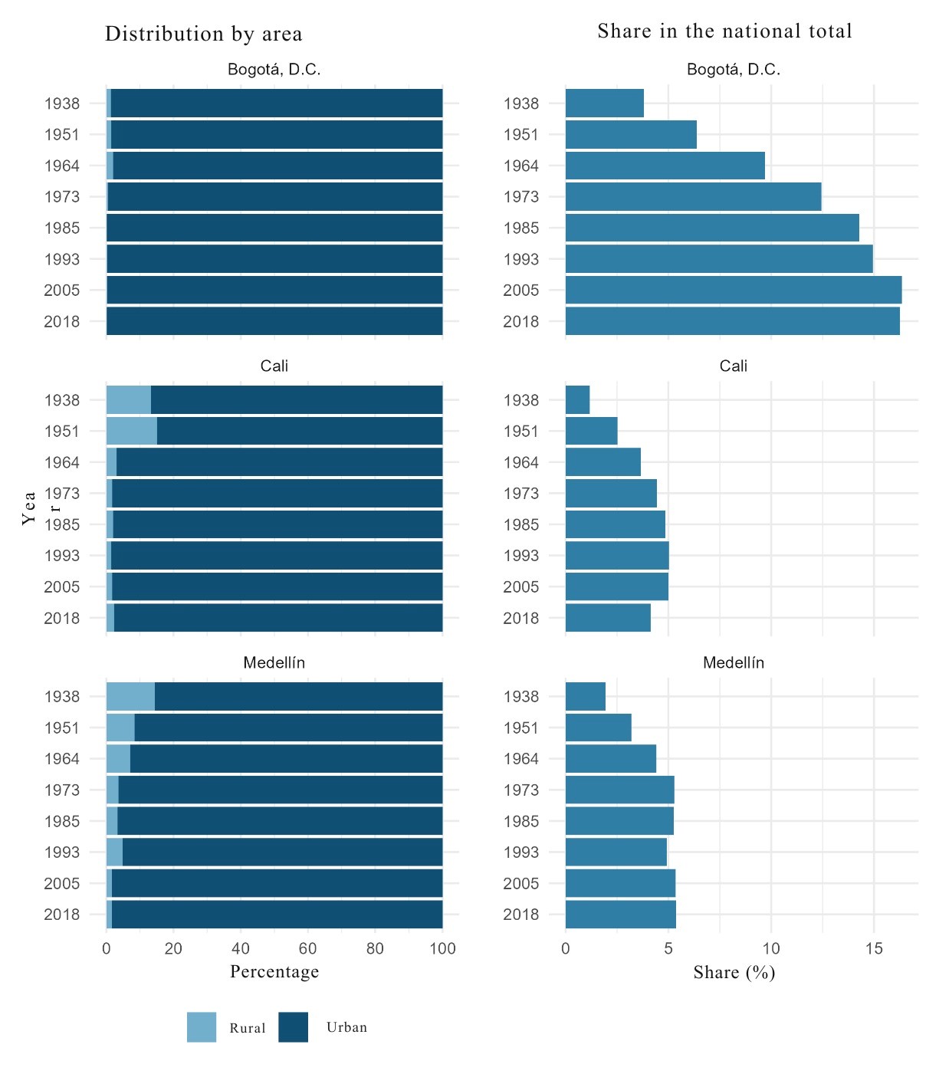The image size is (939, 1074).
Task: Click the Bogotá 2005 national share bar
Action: (733, 291)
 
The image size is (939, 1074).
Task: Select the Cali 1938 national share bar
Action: (577, 400)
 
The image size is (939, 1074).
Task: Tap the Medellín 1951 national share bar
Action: (598, 727)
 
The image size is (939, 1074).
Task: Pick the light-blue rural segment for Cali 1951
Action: (131, 431)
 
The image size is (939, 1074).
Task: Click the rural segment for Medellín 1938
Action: (130, 697)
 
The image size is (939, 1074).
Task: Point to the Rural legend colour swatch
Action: (202, 1027)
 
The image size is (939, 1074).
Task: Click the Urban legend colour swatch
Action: (293, 1027)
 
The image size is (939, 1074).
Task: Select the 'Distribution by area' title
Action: (204, 34)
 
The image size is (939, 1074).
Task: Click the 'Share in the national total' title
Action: (724, 31)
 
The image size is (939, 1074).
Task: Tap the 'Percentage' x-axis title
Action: (274, 972)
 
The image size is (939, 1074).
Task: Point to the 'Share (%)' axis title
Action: (734, 973)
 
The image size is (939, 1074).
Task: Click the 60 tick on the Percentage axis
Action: (307, 949)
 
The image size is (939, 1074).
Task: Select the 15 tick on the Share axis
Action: (874, 949)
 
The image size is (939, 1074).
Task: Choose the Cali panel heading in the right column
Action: (734, 366)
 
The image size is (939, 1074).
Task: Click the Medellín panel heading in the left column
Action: (274, 663)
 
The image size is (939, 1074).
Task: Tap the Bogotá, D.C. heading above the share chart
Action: (734, 70)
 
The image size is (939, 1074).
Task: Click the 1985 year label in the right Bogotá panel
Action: (521, 228)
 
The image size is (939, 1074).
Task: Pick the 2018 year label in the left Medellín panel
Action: (62, 915)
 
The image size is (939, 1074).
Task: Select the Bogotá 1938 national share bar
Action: (604, 103)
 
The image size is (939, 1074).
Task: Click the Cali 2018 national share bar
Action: (608, 618)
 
